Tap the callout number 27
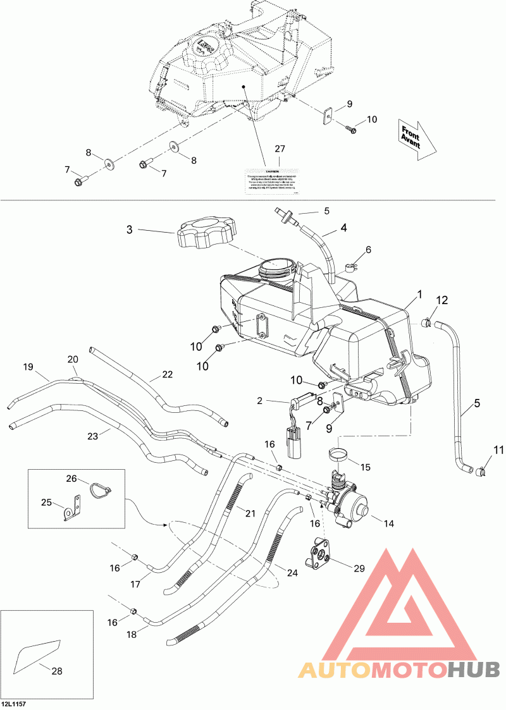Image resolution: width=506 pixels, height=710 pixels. pos(280,149)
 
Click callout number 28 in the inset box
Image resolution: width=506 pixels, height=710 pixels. pos(57,671)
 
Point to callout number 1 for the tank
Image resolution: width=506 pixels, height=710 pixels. pos(419,295)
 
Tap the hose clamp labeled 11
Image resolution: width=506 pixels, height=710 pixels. pos(484,470)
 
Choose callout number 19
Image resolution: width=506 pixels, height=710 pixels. pos(28,367)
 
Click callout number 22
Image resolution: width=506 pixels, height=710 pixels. pos(167,374)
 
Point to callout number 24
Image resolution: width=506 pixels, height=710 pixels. pos(292,573)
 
